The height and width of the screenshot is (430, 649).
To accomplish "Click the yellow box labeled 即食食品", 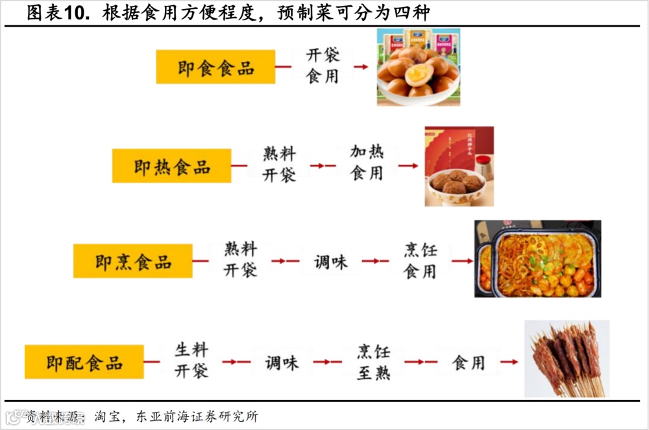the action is [215, 68].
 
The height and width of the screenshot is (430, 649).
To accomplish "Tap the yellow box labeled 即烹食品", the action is [132, 261].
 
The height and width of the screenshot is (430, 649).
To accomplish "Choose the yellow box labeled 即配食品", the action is [84, 362].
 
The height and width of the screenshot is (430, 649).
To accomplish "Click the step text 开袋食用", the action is [323, 66].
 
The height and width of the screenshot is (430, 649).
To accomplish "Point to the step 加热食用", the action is [367, 162].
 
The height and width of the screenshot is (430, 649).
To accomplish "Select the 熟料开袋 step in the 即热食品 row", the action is [279, 164].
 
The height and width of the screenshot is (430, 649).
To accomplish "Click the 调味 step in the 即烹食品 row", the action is [331, 262].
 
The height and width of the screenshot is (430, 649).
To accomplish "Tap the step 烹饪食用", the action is [420, 260].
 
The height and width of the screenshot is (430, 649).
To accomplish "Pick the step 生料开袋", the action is [191, 360].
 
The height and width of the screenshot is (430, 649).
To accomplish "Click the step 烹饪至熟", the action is [373, 362].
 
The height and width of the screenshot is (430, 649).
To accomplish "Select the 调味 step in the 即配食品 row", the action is [282, 362].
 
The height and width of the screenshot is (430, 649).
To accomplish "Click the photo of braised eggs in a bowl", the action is [419, 68].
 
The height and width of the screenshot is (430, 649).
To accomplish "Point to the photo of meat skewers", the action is [567, 359].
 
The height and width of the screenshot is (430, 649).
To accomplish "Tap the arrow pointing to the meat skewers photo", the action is [509, 362].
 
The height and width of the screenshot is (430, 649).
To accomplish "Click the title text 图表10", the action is [58, 12].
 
